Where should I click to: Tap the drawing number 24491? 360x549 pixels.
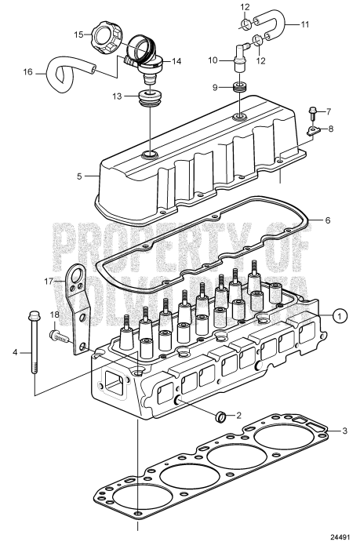(x=339, y=538)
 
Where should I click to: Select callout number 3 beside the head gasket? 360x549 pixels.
(x=344, y=431)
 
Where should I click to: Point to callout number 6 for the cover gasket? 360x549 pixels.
(x=328, y=221)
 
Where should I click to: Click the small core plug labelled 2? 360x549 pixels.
(x=221, y=415)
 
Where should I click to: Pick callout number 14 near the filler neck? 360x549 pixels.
(x=176, y=60)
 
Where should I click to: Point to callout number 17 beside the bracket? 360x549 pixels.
(x=48, y=280)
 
